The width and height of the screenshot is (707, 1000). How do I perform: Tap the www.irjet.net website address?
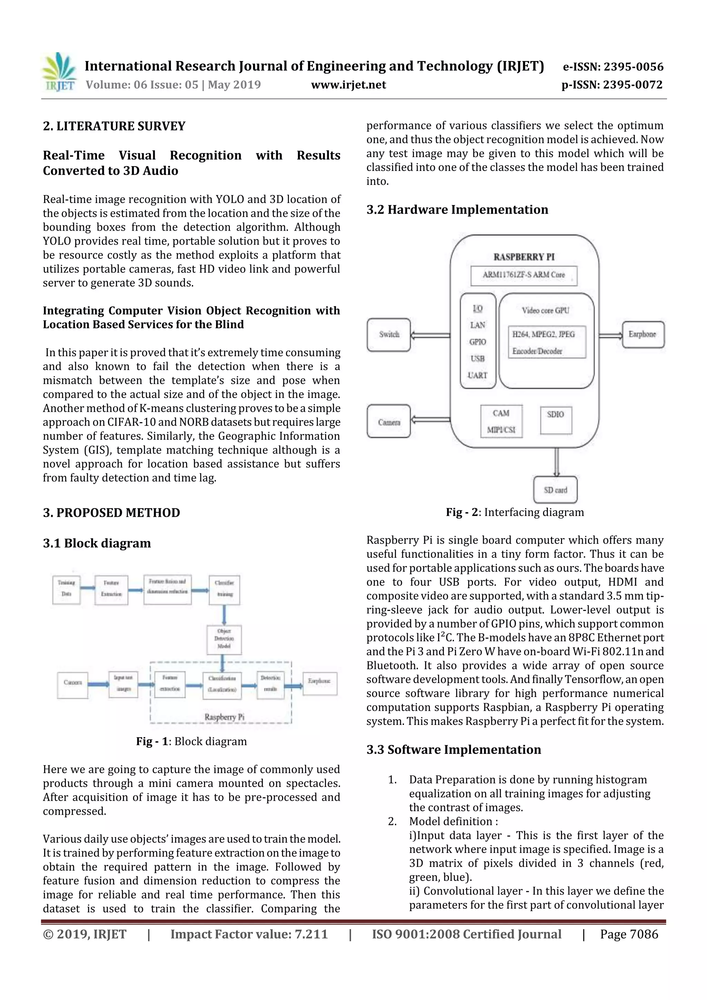(x=348, y=85)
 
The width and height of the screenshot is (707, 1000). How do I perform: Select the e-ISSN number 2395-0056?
(x=613, y=67)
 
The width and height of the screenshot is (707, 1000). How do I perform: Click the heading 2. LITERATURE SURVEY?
(x=114, y=126)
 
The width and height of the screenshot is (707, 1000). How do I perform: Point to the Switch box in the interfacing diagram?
(x=389, y=334)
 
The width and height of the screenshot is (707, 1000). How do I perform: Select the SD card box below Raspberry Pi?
(x=555, y=489)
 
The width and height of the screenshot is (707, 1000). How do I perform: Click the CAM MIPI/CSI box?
(x=501, y=421)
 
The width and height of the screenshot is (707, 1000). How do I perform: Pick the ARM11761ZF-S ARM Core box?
(x=524, y=275)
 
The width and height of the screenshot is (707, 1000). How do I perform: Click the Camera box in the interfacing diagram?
(x=389, y=421)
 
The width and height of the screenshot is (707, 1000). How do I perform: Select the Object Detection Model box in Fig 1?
(x=224, y=639)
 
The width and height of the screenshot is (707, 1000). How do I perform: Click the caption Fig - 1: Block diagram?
(x=191, y=741)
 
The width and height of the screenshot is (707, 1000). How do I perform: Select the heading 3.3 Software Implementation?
(x=454, y=749)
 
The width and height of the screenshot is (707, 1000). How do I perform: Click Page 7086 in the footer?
(x=629, y=934)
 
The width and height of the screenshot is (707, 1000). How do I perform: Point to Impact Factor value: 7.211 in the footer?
(x=249, y=934)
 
